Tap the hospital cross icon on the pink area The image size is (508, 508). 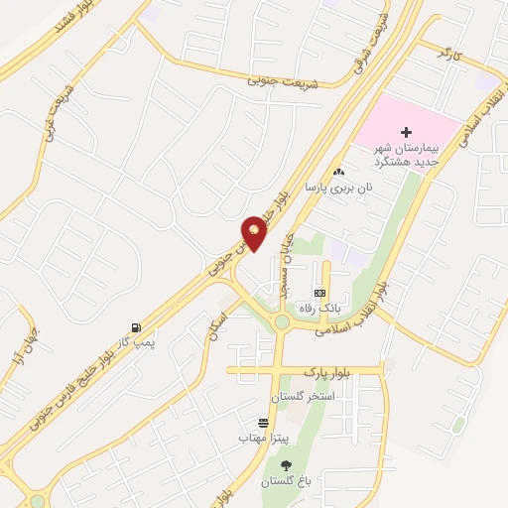tap(407, 132)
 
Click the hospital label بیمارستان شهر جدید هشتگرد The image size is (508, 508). tap(406, 155)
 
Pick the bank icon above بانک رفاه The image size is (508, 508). tap(319, 294)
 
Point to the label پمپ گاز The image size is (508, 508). tap(139, 340)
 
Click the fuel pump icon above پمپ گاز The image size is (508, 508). tap(135, 326)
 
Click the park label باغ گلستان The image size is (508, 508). tap(287, 481)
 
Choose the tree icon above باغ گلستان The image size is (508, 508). tap(287, 465)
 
